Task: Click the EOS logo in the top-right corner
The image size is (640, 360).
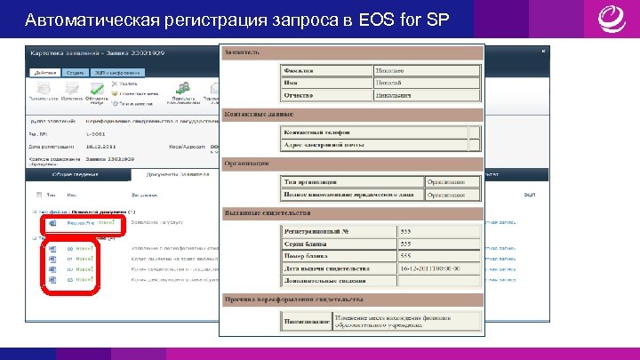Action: pos(611,19)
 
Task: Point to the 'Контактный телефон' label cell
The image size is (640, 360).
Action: pos(316,132)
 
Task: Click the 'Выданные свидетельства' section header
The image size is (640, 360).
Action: pos(267,213)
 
